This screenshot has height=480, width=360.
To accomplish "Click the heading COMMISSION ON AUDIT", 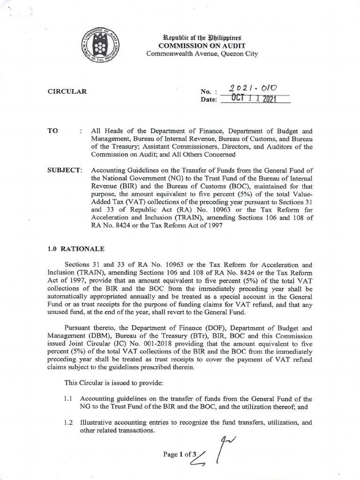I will coord(202,45).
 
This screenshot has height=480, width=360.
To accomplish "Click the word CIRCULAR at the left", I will coord(67,92).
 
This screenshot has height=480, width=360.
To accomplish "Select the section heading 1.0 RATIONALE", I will coord(74,249).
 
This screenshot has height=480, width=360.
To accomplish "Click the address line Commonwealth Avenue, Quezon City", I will coord(202,54).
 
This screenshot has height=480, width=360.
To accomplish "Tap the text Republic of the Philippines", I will coord(202,37).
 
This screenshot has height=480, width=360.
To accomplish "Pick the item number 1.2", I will coord(69,422).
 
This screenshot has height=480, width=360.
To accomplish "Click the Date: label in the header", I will coord(209,100).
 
